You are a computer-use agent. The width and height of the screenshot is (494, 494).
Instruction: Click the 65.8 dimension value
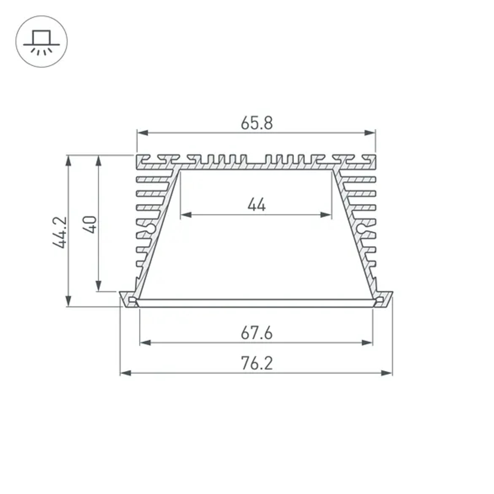click(x=256, y=123)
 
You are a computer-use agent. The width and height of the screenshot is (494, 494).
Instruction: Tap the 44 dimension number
click(x=256, y=205)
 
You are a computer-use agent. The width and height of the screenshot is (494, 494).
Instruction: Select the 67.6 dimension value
click(x=256, y=333)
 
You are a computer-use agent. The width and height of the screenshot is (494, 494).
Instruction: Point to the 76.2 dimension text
click(x=256, y=364)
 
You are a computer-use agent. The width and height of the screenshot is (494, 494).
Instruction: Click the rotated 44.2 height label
click(x=60, y=232)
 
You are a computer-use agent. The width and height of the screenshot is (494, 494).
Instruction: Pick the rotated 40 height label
click(x=90, y=224)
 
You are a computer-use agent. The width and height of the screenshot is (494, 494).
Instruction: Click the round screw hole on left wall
click(x=151, y=228)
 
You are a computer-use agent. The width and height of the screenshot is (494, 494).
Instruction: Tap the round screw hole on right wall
click(x=362, y=228)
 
